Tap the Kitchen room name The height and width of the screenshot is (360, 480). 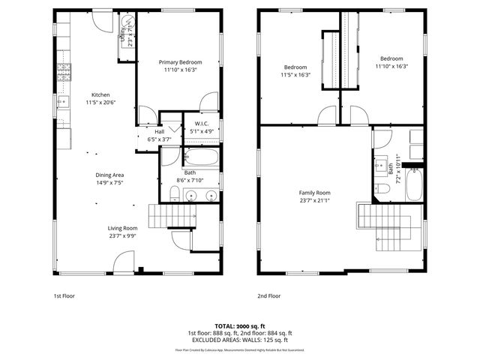pos(100,95)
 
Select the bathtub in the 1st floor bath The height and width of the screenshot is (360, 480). pos(200,158)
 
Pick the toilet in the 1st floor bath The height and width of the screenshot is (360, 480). pos(174,195)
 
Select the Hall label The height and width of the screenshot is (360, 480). pos(159,132)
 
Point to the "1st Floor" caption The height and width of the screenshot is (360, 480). pos(64,296)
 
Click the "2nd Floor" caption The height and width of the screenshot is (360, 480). pos(269,296)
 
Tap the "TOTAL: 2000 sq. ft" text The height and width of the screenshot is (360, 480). pos(239,326)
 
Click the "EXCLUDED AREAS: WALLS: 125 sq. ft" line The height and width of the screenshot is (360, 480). pos(239,339)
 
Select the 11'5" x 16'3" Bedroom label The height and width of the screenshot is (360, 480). pos(295,70)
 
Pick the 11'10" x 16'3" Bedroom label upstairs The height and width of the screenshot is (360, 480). pos(391,62)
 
